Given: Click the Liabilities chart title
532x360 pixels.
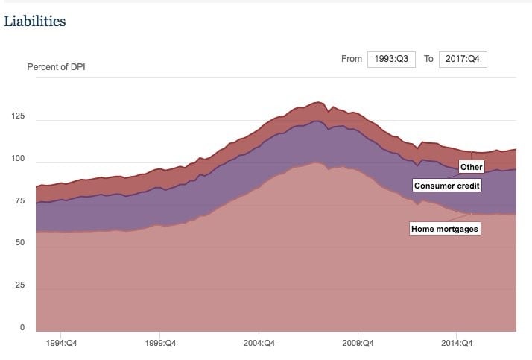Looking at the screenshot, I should (x=35, y=21).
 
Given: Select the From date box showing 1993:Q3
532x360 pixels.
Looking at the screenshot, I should (x=391, y=60).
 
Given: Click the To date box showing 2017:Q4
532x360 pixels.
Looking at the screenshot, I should (x=462, y=60).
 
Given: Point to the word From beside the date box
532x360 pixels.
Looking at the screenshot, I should (x=352, y=59).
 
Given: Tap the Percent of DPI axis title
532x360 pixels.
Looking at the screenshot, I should (x=57, y=67).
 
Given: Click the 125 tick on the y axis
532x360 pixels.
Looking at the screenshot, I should (x=18, y=116).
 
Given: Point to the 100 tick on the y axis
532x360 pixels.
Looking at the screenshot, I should (x=18, y=159).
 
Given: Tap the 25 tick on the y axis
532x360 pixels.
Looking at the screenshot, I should (x=20, y=285).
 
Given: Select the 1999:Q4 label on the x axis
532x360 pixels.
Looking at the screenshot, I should (x=160, y=344).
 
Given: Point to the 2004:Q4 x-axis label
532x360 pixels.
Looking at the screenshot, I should (x=259, y=344).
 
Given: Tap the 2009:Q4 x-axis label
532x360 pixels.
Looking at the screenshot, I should (x=358, y=344).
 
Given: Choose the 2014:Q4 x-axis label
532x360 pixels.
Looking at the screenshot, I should (x=457, y=344).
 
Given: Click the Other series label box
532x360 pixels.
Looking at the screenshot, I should (x=471, y=167).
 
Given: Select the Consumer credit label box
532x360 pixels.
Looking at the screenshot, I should (x=446, y=185).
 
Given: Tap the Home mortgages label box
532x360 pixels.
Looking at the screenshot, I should (x=444, y=229).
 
